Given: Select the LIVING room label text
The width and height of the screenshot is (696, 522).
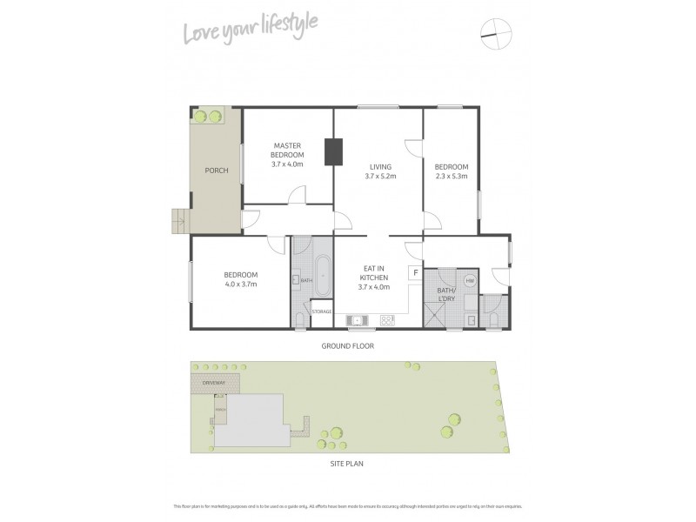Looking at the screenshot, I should point(380,166).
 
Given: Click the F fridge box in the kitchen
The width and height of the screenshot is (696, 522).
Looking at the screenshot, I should point(415,273).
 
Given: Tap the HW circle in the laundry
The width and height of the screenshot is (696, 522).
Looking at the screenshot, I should point(470,280).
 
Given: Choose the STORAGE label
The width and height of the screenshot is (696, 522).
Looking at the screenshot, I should point(322,311).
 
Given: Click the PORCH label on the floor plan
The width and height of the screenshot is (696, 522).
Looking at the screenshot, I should point(216,171).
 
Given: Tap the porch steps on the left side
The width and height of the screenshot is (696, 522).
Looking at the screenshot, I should point(178,221).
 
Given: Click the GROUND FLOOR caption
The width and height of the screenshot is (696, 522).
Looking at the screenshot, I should point(346,345).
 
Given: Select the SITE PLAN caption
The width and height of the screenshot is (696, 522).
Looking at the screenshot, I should point(346,464).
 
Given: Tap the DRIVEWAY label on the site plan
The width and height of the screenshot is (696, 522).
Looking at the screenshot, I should point(213,383).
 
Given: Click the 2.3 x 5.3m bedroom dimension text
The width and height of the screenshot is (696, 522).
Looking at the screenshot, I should point(452,177).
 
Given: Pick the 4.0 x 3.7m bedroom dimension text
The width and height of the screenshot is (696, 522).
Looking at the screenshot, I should point(241,285).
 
